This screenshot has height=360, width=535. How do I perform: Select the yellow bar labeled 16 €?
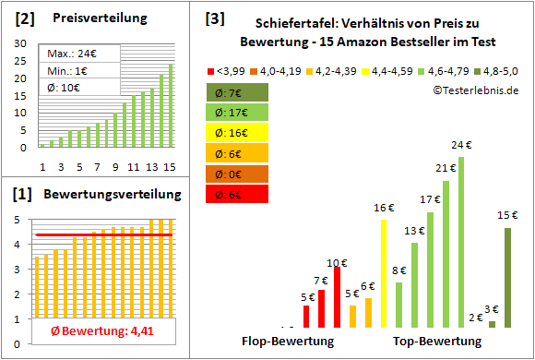[x=384, y=272]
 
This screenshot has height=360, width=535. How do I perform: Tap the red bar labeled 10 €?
[x=337, y=296]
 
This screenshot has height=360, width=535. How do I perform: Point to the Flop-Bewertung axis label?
[x=288, y=342]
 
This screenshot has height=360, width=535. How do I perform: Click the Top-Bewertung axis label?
[x=437, y=342]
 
